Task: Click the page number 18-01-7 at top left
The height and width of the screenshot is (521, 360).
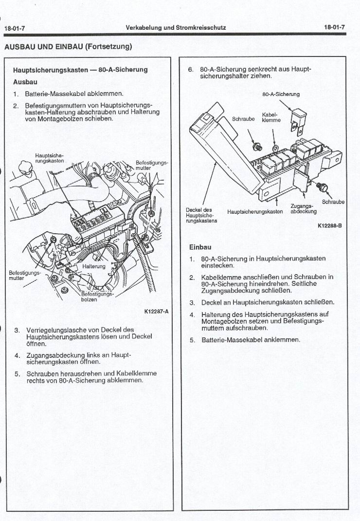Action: pyautogui.click(x=15, y=28)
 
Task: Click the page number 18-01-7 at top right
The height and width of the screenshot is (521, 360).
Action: pyautogui.click(x=334, y=27)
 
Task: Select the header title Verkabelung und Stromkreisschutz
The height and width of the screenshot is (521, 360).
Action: pyautogui.click(x=176, y=28)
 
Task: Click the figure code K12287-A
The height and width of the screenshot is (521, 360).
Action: pyautogui.click(x=156, y=312)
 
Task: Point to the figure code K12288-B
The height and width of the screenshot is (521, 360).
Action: pyautogui.click(x=329, y=225)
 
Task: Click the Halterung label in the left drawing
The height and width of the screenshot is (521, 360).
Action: pyautogui.click(x=93, y=266)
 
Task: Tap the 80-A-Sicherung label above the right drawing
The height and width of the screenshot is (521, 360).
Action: pyautogui.click(x=281, y=94)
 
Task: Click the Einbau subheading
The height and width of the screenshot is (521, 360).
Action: pyautogui.click(x=200, y=247)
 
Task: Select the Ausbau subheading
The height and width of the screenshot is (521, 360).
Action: pyautogui.click(x=25, y=82)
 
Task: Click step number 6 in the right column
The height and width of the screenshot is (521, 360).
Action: pyautogui.click(x=191, y=69)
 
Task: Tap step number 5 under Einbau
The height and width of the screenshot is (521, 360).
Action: pyautogui.click(x=192, y=339)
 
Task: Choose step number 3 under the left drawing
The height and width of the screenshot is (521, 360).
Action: pyautogui.click(x=17, y=330)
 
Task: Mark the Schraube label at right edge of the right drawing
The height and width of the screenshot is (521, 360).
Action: pyautogui.click(x=333, y=202)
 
